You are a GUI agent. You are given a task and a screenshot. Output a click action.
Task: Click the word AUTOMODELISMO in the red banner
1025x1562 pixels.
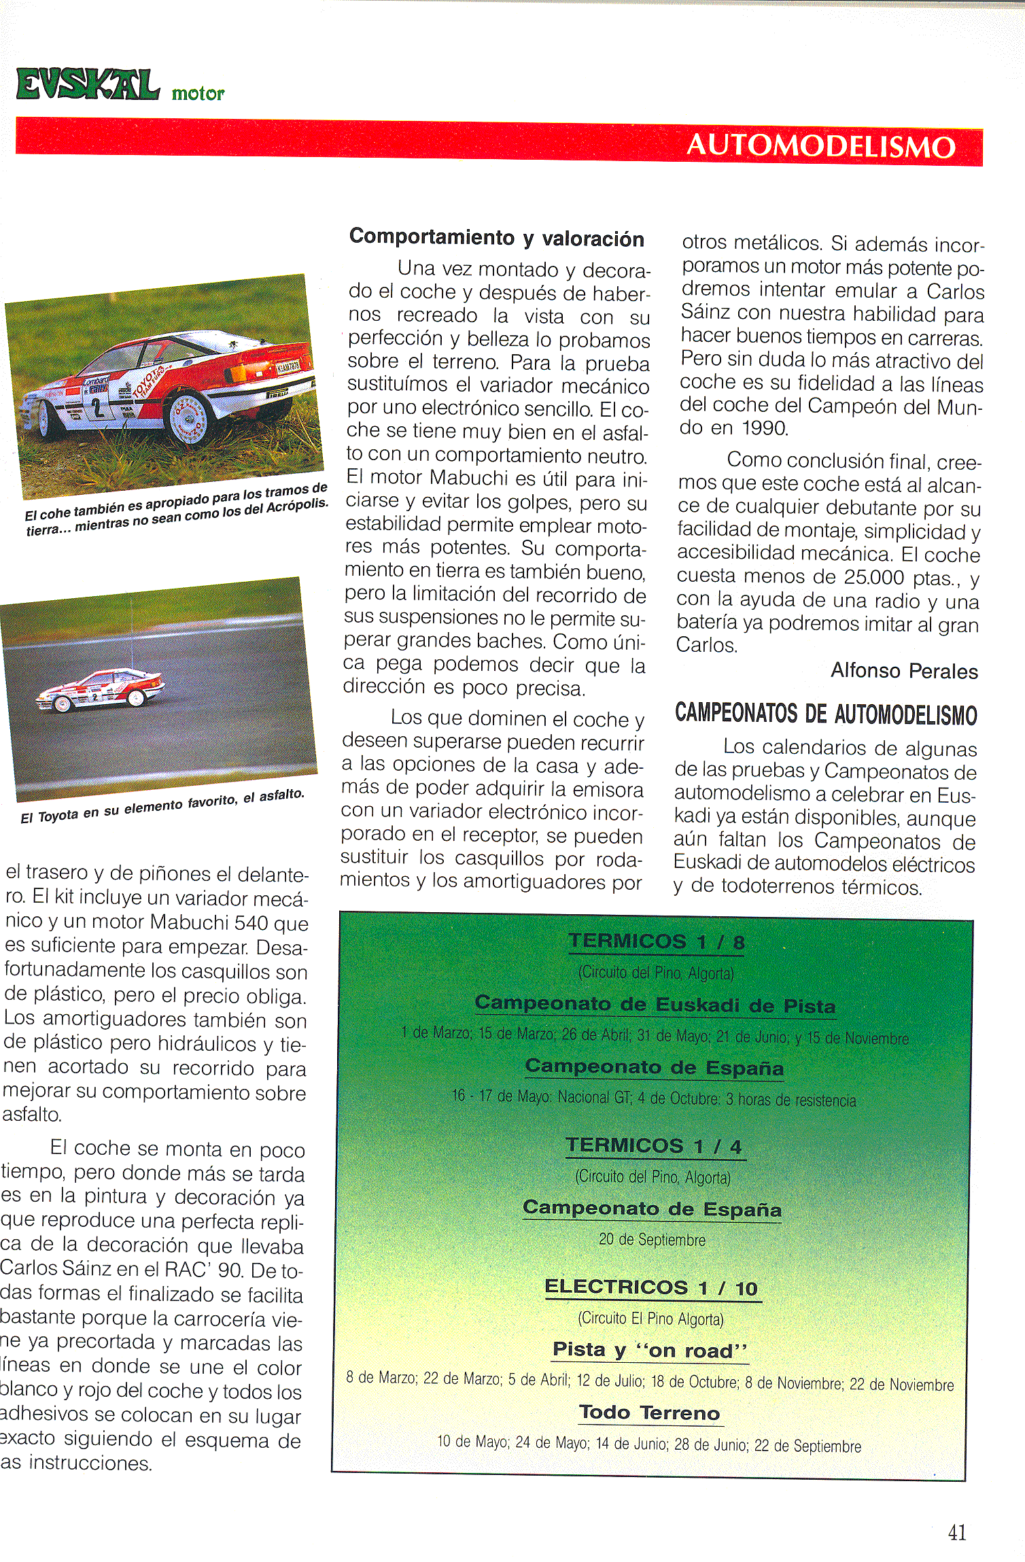click(820, 146)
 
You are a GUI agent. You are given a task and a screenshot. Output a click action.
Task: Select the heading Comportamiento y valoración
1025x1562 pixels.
click(496, 238)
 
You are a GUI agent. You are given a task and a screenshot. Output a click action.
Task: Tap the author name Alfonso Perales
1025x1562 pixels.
click(903, 671)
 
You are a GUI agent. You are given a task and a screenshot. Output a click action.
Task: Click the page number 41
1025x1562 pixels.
click(956, 1532)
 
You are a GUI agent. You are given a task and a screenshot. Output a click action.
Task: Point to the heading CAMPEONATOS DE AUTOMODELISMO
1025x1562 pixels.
click(825, 714)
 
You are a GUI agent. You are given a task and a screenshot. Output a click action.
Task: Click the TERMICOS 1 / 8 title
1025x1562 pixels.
click(656, 941)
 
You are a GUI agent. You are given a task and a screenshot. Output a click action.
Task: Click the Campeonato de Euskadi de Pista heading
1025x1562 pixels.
click(655, 1005)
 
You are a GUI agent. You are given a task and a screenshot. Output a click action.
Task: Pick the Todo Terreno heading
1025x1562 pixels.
click(650, 1412)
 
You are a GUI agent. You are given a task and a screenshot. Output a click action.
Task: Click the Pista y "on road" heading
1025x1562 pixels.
click(650, 1350)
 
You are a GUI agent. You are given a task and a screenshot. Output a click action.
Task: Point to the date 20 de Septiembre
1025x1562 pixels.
click(652, 1240)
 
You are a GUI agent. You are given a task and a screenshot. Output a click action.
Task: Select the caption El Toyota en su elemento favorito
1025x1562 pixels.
click(162, 807)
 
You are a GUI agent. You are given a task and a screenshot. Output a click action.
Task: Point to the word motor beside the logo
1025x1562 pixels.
click(198, 94)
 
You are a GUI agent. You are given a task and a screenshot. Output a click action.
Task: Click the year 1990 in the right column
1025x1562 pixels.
click(764, 428)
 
